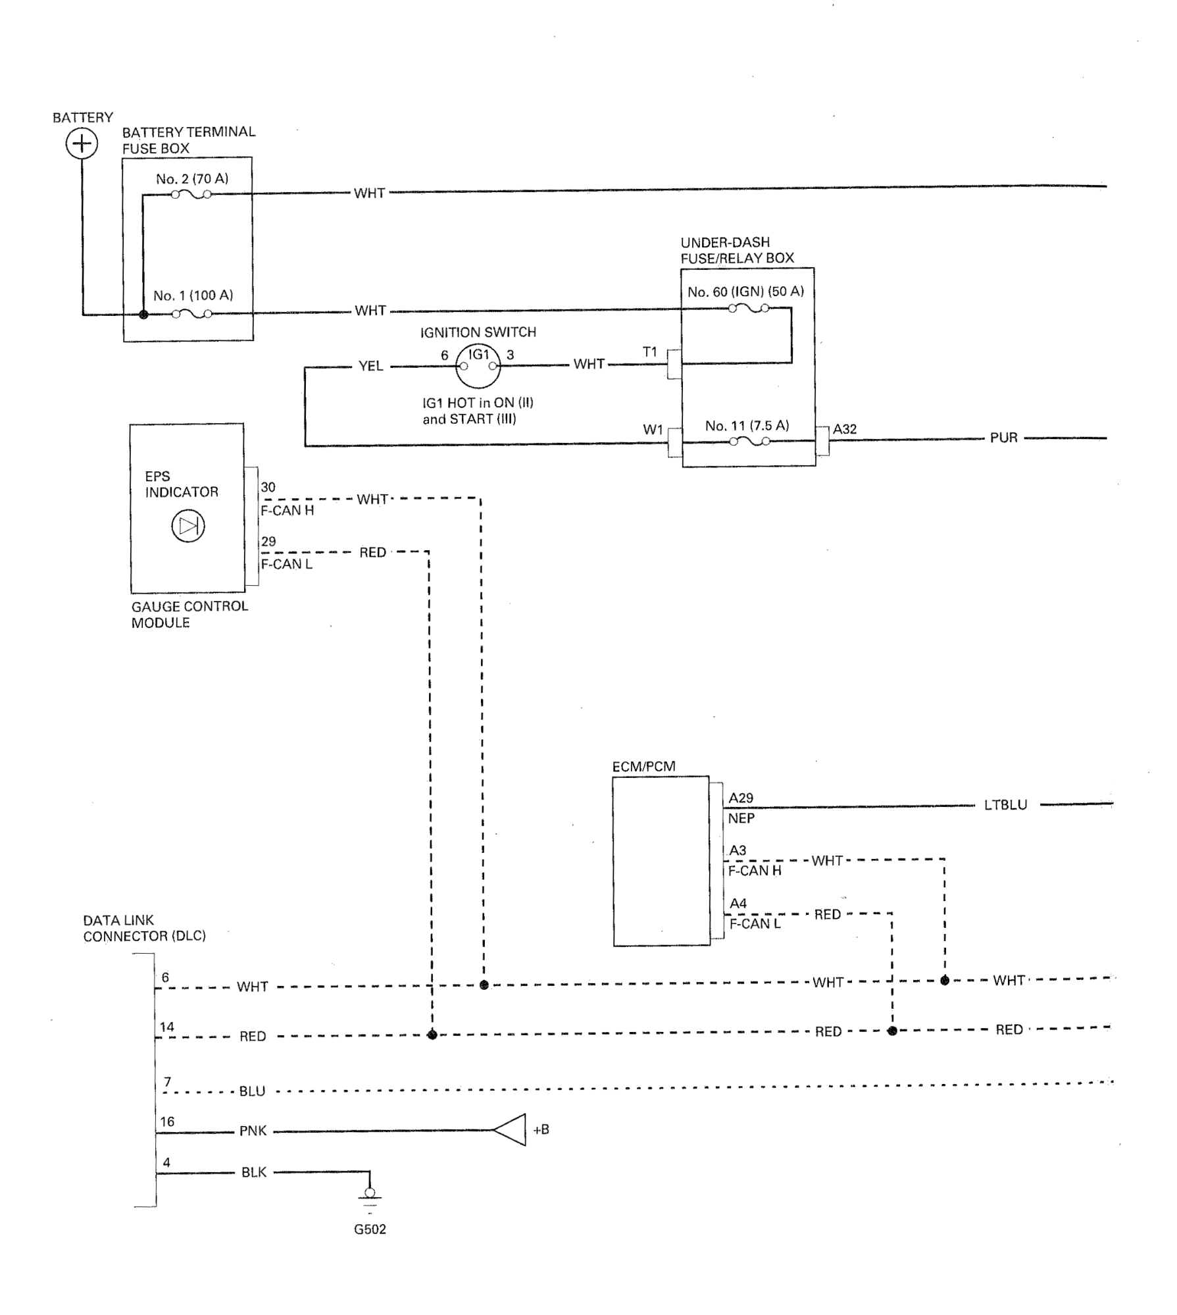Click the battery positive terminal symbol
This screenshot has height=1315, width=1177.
[x=82, y=143]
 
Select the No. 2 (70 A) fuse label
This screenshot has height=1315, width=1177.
[x=192, y=179]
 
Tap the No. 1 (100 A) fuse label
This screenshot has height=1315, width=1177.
[x=193, y=296]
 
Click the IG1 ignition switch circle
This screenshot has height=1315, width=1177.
[x=478, y=366]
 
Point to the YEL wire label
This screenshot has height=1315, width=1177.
[x=371, y=366]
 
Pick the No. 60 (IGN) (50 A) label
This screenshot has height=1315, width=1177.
[x=746, y=292]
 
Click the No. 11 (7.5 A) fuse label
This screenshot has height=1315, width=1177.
[x=747, y=426]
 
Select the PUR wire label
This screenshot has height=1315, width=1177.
[x=1004, y=438]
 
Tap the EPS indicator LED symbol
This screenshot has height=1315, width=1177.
[x=188, y=526]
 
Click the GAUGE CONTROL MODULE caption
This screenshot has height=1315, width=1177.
[x=189, y=615]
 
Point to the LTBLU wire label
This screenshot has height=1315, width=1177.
[x=1006, y=805]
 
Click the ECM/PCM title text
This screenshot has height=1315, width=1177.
[x=644, y=767]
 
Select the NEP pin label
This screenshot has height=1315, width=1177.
[x=741, y=819]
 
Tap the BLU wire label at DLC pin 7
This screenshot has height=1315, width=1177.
[x=253, y=1091]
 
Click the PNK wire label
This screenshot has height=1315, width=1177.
[x=253, y=1131]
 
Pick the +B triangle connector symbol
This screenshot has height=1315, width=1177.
[x=510, y=1130]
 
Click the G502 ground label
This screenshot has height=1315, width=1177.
[x=370, y=1229]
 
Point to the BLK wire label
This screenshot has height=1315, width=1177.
[x=254, y=1172]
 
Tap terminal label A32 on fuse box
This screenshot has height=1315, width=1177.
[x=845, y=429]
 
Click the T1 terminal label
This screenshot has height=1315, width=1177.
[x=650, y=352]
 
